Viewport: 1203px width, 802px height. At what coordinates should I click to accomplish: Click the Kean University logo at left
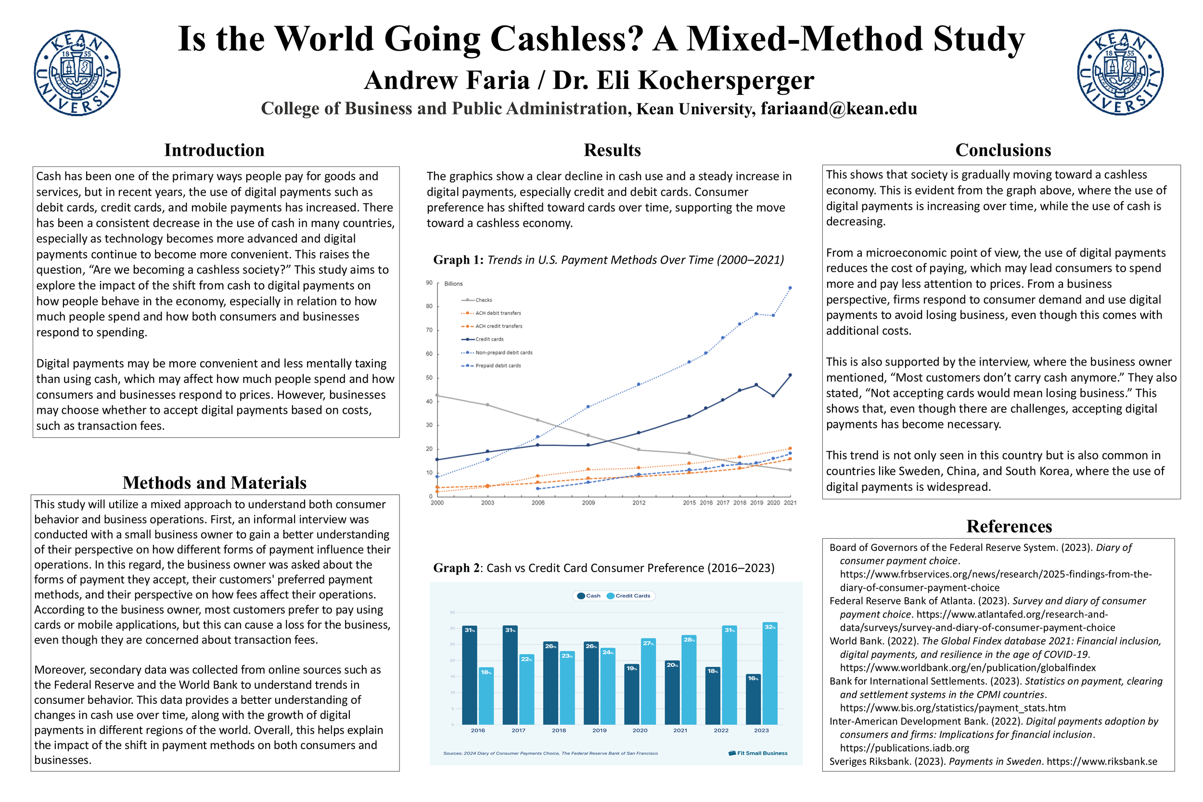tap(77, 73)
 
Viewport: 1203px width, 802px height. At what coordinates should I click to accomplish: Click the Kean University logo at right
tap(1120, 73)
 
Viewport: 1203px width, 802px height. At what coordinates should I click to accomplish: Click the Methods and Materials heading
tap(214, 483)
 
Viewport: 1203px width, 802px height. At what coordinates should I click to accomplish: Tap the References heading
tap(1009, 526)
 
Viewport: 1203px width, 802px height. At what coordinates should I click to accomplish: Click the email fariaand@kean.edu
tap(838, 108)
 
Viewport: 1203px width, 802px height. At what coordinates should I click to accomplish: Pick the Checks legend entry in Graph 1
tap(483, 300)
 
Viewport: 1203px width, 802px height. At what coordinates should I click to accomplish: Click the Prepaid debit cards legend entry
tap(497, 366)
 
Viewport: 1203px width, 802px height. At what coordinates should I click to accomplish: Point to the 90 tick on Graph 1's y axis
tap(429, 283)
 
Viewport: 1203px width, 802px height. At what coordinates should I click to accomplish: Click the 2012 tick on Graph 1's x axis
tap(639, 503)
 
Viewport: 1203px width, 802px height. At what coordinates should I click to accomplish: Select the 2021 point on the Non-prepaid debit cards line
tap(790, 288)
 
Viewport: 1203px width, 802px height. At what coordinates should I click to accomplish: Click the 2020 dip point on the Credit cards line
tap(773, 396)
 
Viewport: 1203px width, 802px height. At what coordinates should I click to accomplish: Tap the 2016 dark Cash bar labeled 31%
tap(470, 675)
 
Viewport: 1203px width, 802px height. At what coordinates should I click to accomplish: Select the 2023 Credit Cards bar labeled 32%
tap(770, 673)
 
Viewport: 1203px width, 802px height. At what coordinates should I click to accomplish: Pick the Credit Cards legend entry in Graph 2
tap(632, 596)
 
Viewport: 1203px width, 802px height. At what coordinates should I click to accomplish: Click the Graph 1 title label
tap(608, 260)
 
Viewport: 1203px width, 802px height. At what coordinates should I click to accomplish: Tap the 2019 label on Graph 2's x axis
tap(599, 730)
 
